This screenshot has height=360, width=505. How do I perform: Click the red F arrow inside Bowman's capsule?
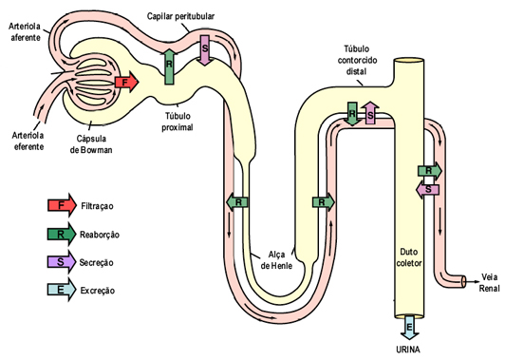click(124, 83)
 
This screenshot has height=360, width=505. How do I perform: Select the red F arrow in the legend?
click(62, 205)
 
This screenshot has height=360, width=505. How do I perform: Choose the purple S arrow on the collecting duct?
click(429, 189)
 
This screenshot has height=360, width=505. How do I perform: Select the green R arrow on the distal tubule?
click(352, 113)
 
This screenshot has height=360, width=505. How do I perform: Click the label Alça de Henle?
click(276, 258)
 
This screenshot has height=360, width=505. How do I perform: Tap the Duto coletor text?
click(408, 257)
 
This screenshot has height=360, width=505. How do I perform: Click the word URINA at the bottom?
click(409, 349)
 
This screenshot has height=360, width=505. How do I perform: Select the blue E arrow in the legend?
click(62, 291)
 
